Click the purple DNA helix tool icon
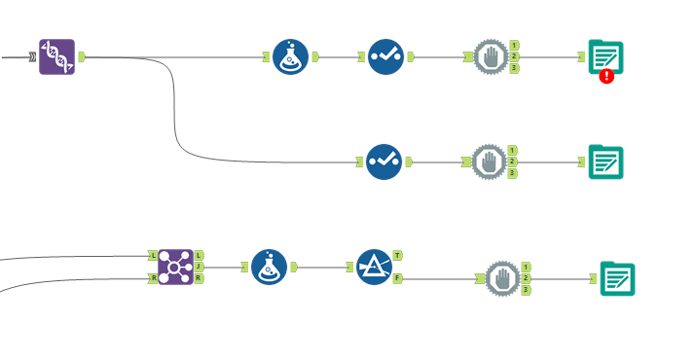point(56,57)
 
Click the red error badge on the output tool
point(606,75)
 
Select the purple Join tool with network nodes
point(175,266)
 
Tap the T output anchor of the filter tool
point(398,255)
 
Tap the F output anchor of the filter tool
point(398,278)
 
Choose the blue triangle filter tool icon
point(373,266)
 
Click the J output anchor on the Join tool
point(199,267)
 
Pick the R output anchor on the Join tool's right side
point(199,278)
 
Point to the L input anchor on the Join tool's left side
point(153,255)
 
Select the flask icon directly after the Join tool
point(269,267)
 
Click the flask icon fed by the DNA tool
point(290,57)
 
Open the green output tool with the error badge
point(605,56)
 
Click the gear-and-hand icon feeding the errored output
point(490,57)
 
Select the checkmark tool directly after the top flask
point(385,57)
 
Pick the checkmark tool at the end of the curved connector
point(384,162)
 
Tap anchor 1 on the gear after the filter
point(527,267)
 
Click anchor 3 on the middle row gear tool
point(513,173)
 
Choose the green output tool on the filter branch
point(617,278)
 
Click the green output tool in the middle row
point(605,162)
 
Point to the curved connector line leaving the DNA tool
point(175,107)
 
